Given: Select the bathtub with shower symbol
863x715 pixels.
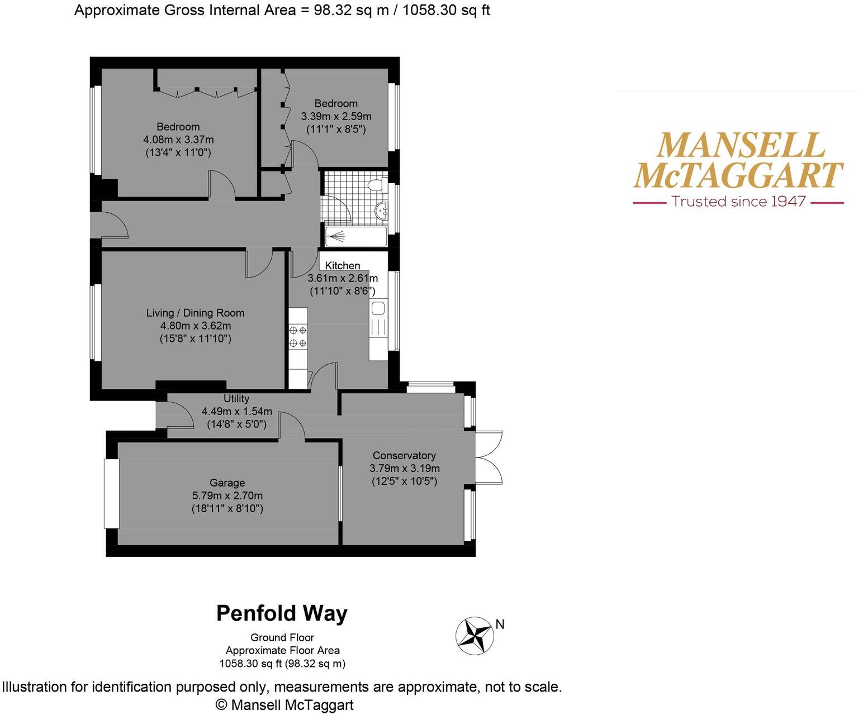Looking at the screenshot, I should point(356,236).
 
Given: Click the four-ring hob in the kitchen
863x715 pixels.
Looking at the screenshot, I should point(297,336).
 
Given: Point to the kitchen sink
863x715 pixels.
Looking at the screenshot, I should point(378,309).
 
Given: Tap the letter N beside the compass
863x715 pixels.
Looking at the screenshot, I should point(500,625).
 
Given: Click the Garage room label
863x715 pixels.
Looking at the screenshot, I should point(227,483).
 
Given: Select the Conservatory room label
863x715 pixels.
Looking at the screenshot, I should point(404,455).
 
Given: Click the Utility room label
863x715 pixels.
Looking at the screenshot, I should point(236,398).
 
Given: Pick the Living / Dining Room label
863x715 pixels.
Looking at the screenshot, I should point(195,313).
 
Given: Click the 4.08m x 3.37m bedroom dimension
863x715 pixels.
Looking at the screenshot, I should point(178,139).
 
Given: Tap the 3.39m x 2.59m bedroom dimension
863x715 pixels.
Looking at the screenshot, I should point(336,116).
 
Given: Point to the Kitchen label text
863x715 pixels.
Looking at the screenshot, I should point(343,265).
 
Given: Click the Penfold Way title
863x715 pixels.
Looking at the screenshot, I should point(282,613).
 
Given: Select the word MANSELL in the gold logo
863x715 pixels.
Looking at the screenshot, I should point(740,145).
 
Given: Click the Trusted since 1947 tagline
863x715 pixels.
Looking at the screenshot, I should point(738,202).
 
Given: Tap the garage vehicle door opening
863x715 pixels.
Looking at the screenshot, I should point(112,493).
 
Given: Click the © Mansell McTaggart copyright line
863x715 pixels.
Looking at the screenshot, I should point(284,705).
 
